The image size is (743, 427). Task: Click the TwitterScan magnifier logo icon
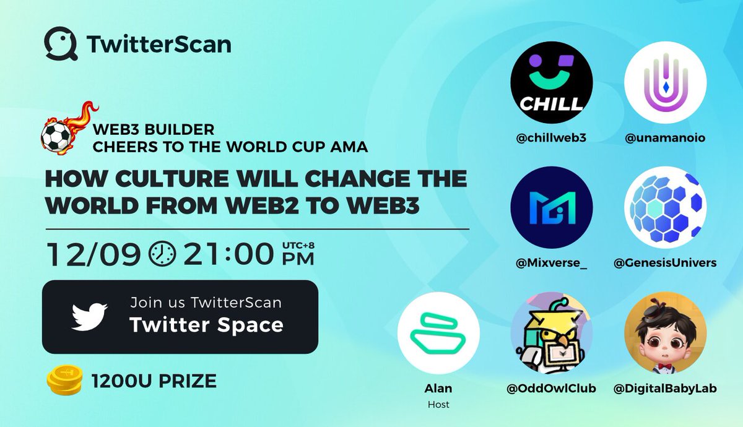pos(61,44)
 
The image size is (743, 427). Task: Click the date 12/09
pos(93,253)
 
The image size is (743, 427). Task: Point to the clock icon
pos(163,253)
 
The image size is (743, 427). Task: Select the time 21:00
pos(227,253)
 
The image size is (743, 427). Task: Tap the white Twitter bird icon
pos(89,316)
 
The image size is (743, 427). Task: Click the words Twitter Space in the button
pos(206,325)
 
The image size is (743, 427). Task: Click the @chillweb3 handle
pos(551,139)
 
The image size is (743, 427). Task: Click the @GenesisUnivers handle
pos(665,263)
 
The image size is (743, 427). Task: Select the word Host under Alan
pos(438,404)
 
